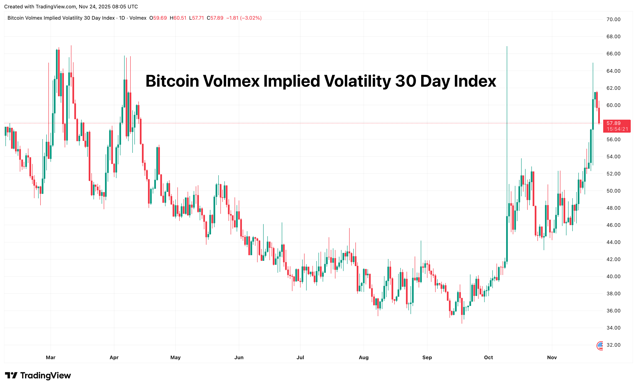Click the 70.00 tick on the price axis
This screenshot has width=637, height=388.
[613, 19]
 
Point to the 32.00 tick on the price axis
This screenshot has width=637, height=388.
[613, 345]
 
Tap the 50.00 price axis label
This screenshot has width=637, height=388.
[613, 191]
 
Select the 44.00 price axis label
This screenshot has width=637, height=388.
[613, 242]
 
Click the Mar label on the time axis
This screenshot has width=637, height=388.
[51, 358]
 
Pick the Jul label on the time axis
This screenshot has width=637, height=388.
[300, 358]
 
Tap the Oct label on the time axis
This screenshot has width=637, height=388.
[488, 358]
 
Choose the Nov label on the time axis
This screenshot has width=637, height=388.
[552, 358]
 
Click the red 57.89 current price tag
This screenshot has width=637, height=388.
[613, 123]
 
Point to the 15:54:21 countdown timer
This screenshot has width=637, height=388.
[617, 129]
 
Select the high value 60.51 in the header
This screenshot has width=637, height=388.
[180, 18]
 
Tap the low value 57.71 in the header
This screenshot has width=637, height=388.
[198, 18]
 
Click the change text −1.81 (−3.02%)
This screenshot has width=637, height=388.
[244, 18]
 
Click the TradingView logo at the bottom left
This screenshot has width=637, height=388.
[38, 375]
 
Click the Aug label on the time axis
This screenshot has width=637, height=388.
[364, 358]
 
